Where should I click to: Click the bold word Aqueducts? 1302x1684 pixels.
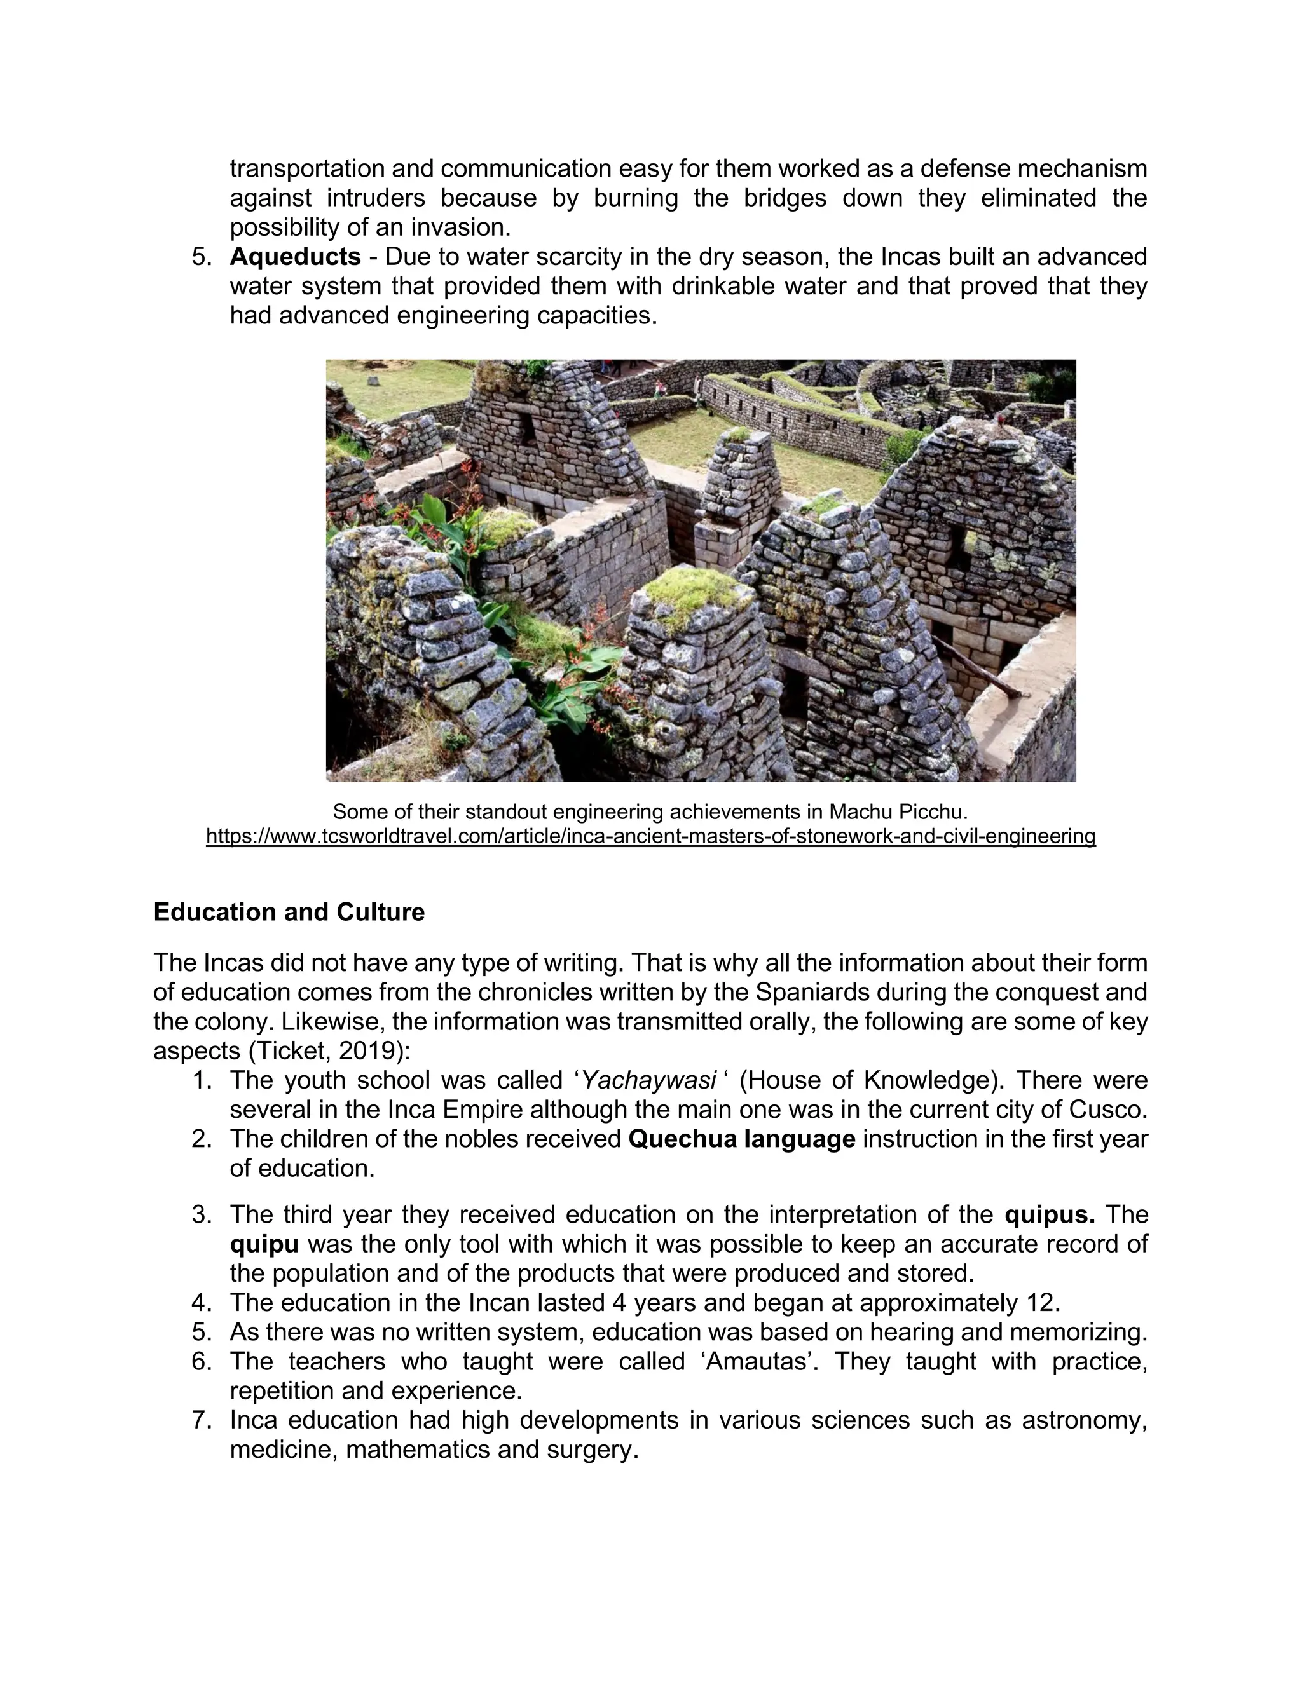[294, 257]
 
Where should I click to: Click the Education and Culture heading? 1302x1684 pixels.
[289, 912]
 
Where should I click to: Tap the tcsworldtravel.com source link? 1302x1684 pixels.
[650, 836]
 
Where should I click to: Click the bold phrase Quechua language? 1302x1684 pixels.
[741, 1139]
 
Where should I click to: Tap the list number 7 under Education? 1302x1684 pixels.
[202, 1420]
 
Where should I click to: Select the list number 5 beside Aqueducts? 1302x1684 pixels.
[202, 257]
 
